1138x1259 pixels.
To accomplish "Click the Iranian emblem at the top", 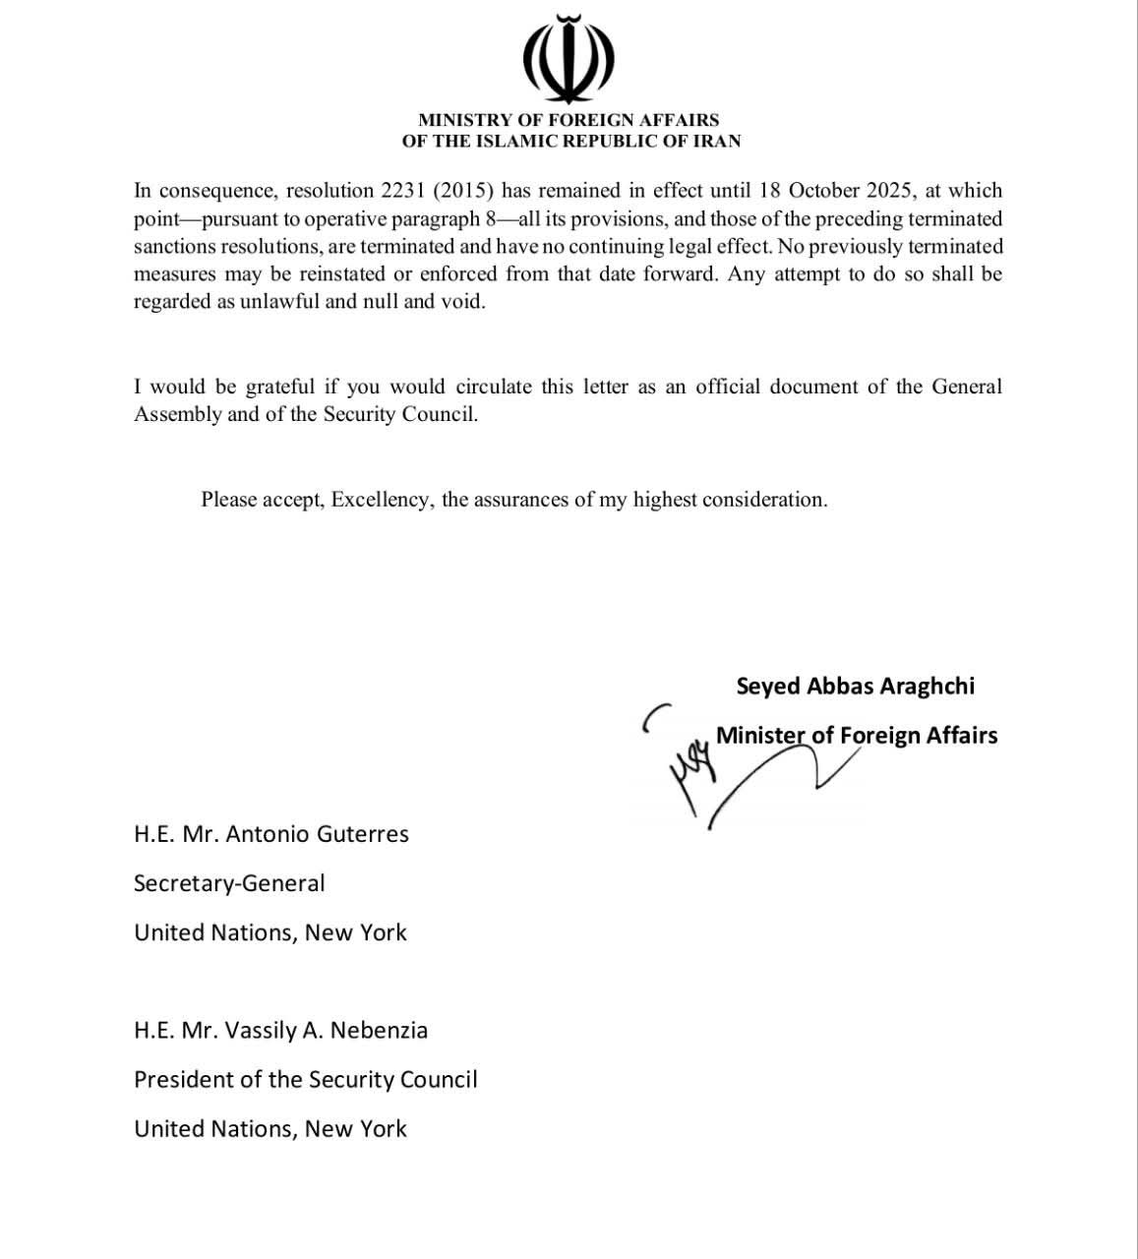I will (x=569, y=59).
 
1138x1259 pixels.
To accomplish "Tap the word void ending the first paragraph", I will (x=463, y=301).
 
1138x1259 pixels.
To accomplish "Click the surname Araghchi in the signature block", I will (x=927, y=686).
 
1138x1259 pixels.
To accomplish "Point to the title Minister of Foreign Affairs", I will (x=857, y=735).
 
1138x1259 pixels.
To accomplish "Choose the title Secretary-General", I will (x=229, y=883).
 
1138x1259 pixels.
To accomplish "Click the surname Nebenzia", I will (x=379, y=1031).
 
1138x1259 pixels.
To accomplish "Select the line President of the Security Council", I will (x=305, y=1080).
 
